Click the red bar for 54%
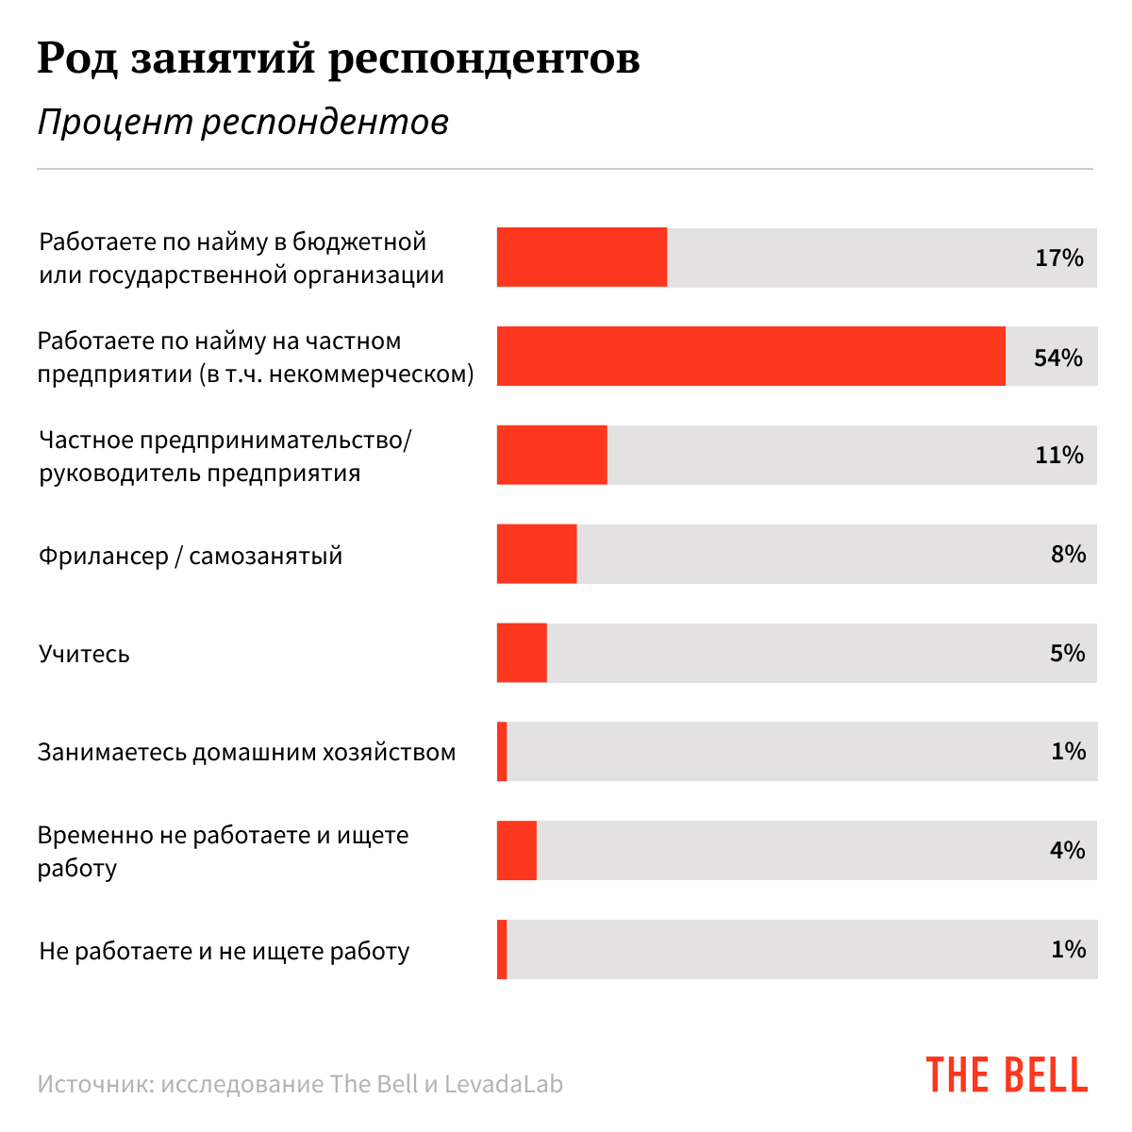coord(751,357)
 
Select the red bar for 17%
coord(582,258)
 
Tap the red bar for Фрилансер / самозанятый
coord(537,554)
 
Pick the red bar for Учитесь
coord(522,653)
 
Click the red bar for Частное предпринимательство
coord(552,455)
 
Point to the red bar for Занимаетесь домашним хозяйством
coord(502,752)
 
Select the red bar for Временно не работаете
coord(517,850)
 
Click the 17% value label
coord(1059,258)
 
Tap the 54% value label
coord(1058,358)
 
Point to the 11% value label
coord(1059,455)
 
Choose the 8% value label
coord(1068,554)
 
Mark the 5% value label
coord(1068,653)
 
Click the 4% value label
coord(1068,850)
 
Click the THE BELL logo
coord(1007,1075)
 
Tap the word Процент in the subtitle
coord(115,122)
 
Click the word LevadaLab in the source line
coord(504,1085)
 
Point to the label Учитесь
coord(84,654)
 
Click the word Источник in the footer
coord(92,1085)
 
